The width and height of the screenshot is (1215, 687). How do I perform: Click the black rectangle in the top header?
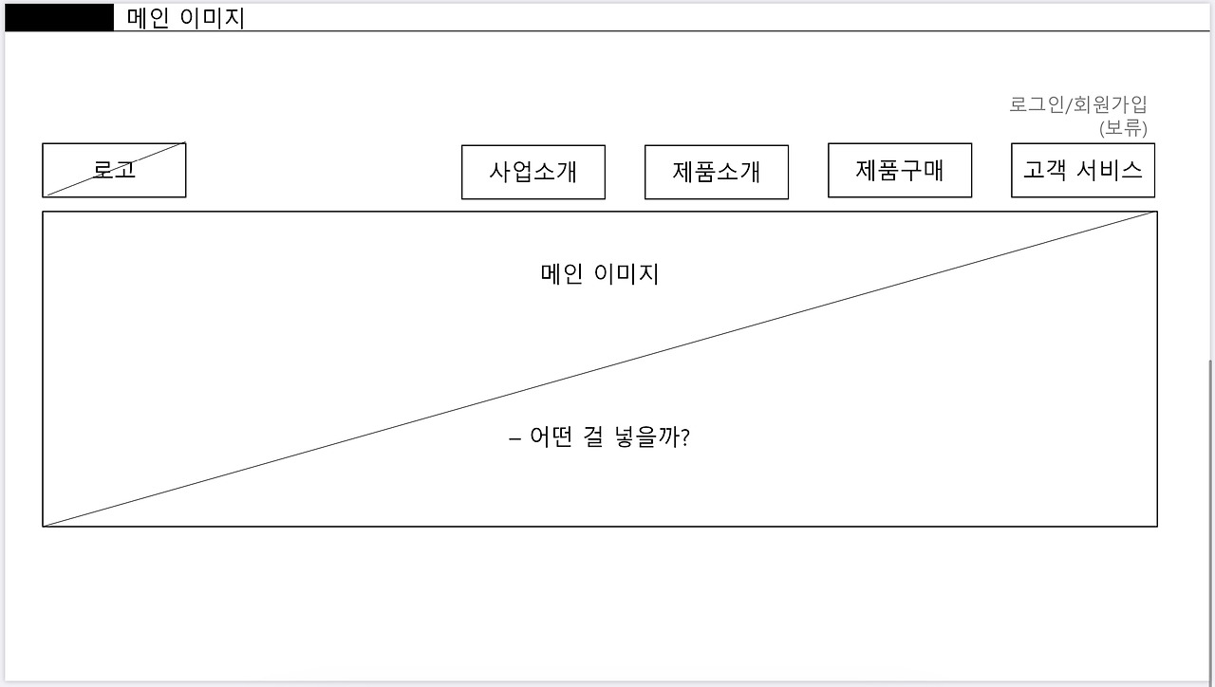(x=59, y=17)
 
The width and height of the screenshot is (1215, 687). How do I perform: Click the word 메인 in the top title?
(x=147, y=18)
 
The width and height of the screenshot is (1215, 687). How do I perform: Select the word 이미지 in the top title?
(x=213, y=18)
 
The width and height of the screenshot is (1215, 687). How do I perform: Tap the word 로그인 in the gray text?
(x=1037, y=104)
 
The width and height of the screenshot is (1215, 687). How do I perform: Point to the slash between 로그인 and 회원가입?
(x=1069, y=104)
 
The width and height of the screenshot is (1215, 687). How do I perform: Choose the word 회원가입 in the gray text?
(x=1110, y=104)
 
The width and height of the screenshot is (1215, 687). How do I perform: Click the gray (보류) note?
(x=1123, y=128)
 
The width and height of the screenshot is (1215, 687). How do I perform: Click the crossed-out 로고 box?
(x=114, y=170)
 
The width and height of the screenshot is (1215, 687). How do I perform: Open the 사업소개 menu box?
(x=533, y=172)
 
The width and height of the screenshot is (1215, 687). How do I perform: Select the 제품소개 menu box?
(x=716, y=172)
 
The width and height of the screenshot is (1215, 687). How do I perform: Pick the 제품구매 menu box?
(x=899, y=170)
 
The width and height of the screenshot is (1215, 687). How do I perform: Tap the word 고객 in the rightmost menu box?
(x=1045, y=170)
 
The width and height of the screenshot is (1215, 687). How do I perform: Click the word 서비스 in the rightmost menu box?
(x=1112, y=170)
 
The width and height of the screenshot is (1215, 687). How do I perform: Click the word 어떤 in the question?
(x=551, y=438)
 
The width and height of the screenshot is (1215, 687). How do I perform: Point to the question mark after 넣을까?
(x=684, y=438)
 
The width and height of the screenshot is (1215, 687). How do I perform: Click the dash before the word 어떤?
(x=514, y=439)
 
